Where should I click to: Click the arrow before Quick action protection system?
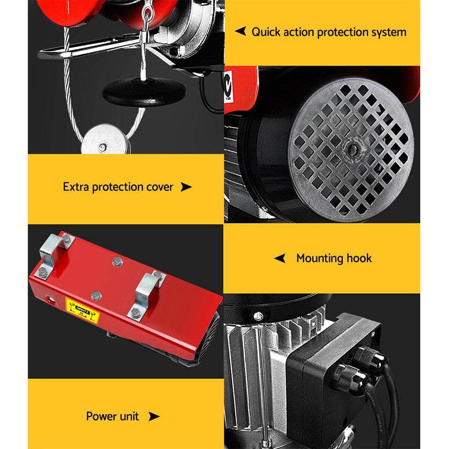(x=241, y=31)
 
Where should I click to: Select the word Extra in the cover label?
(x=76, y=187)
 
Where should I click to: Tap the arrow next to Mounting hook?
(x=280, y=258)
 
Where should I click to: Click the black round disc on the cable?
(x=144, y=92)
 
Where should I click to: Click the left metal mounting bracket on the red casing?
(x=54, y=254)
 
